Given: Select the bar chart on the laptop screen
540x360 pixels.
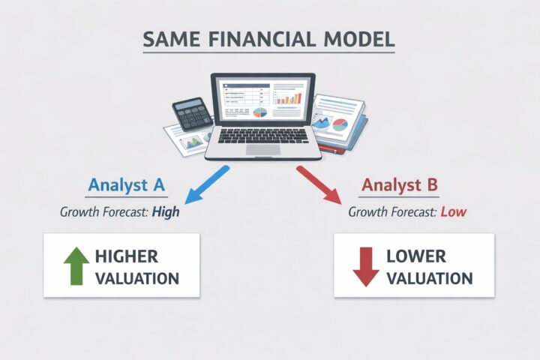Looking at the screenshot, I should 289,96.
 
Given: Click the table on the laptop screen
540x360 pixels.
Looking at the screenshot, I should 244,94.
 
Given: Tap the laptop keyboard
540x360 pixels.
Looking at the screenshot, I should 263,136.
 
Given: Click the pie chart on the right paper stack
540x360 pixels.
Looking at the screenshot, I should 340,124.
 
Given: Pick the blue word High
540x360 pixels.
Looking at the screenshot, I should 165,212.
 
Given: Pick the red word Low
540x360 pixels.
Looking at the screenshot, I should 453,212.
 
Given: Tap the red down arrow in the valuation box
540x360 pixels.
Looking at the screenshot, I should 365,265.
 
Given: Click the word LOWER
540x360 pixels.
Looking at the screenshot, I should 417,256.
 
